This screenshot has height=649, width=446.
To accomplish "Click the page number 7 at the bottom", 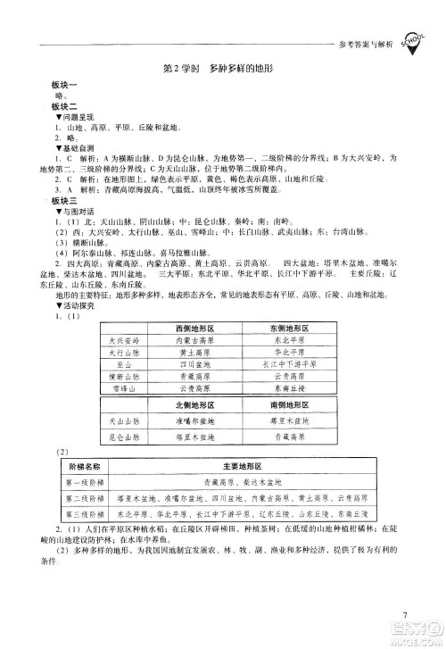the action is (404, 615).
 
